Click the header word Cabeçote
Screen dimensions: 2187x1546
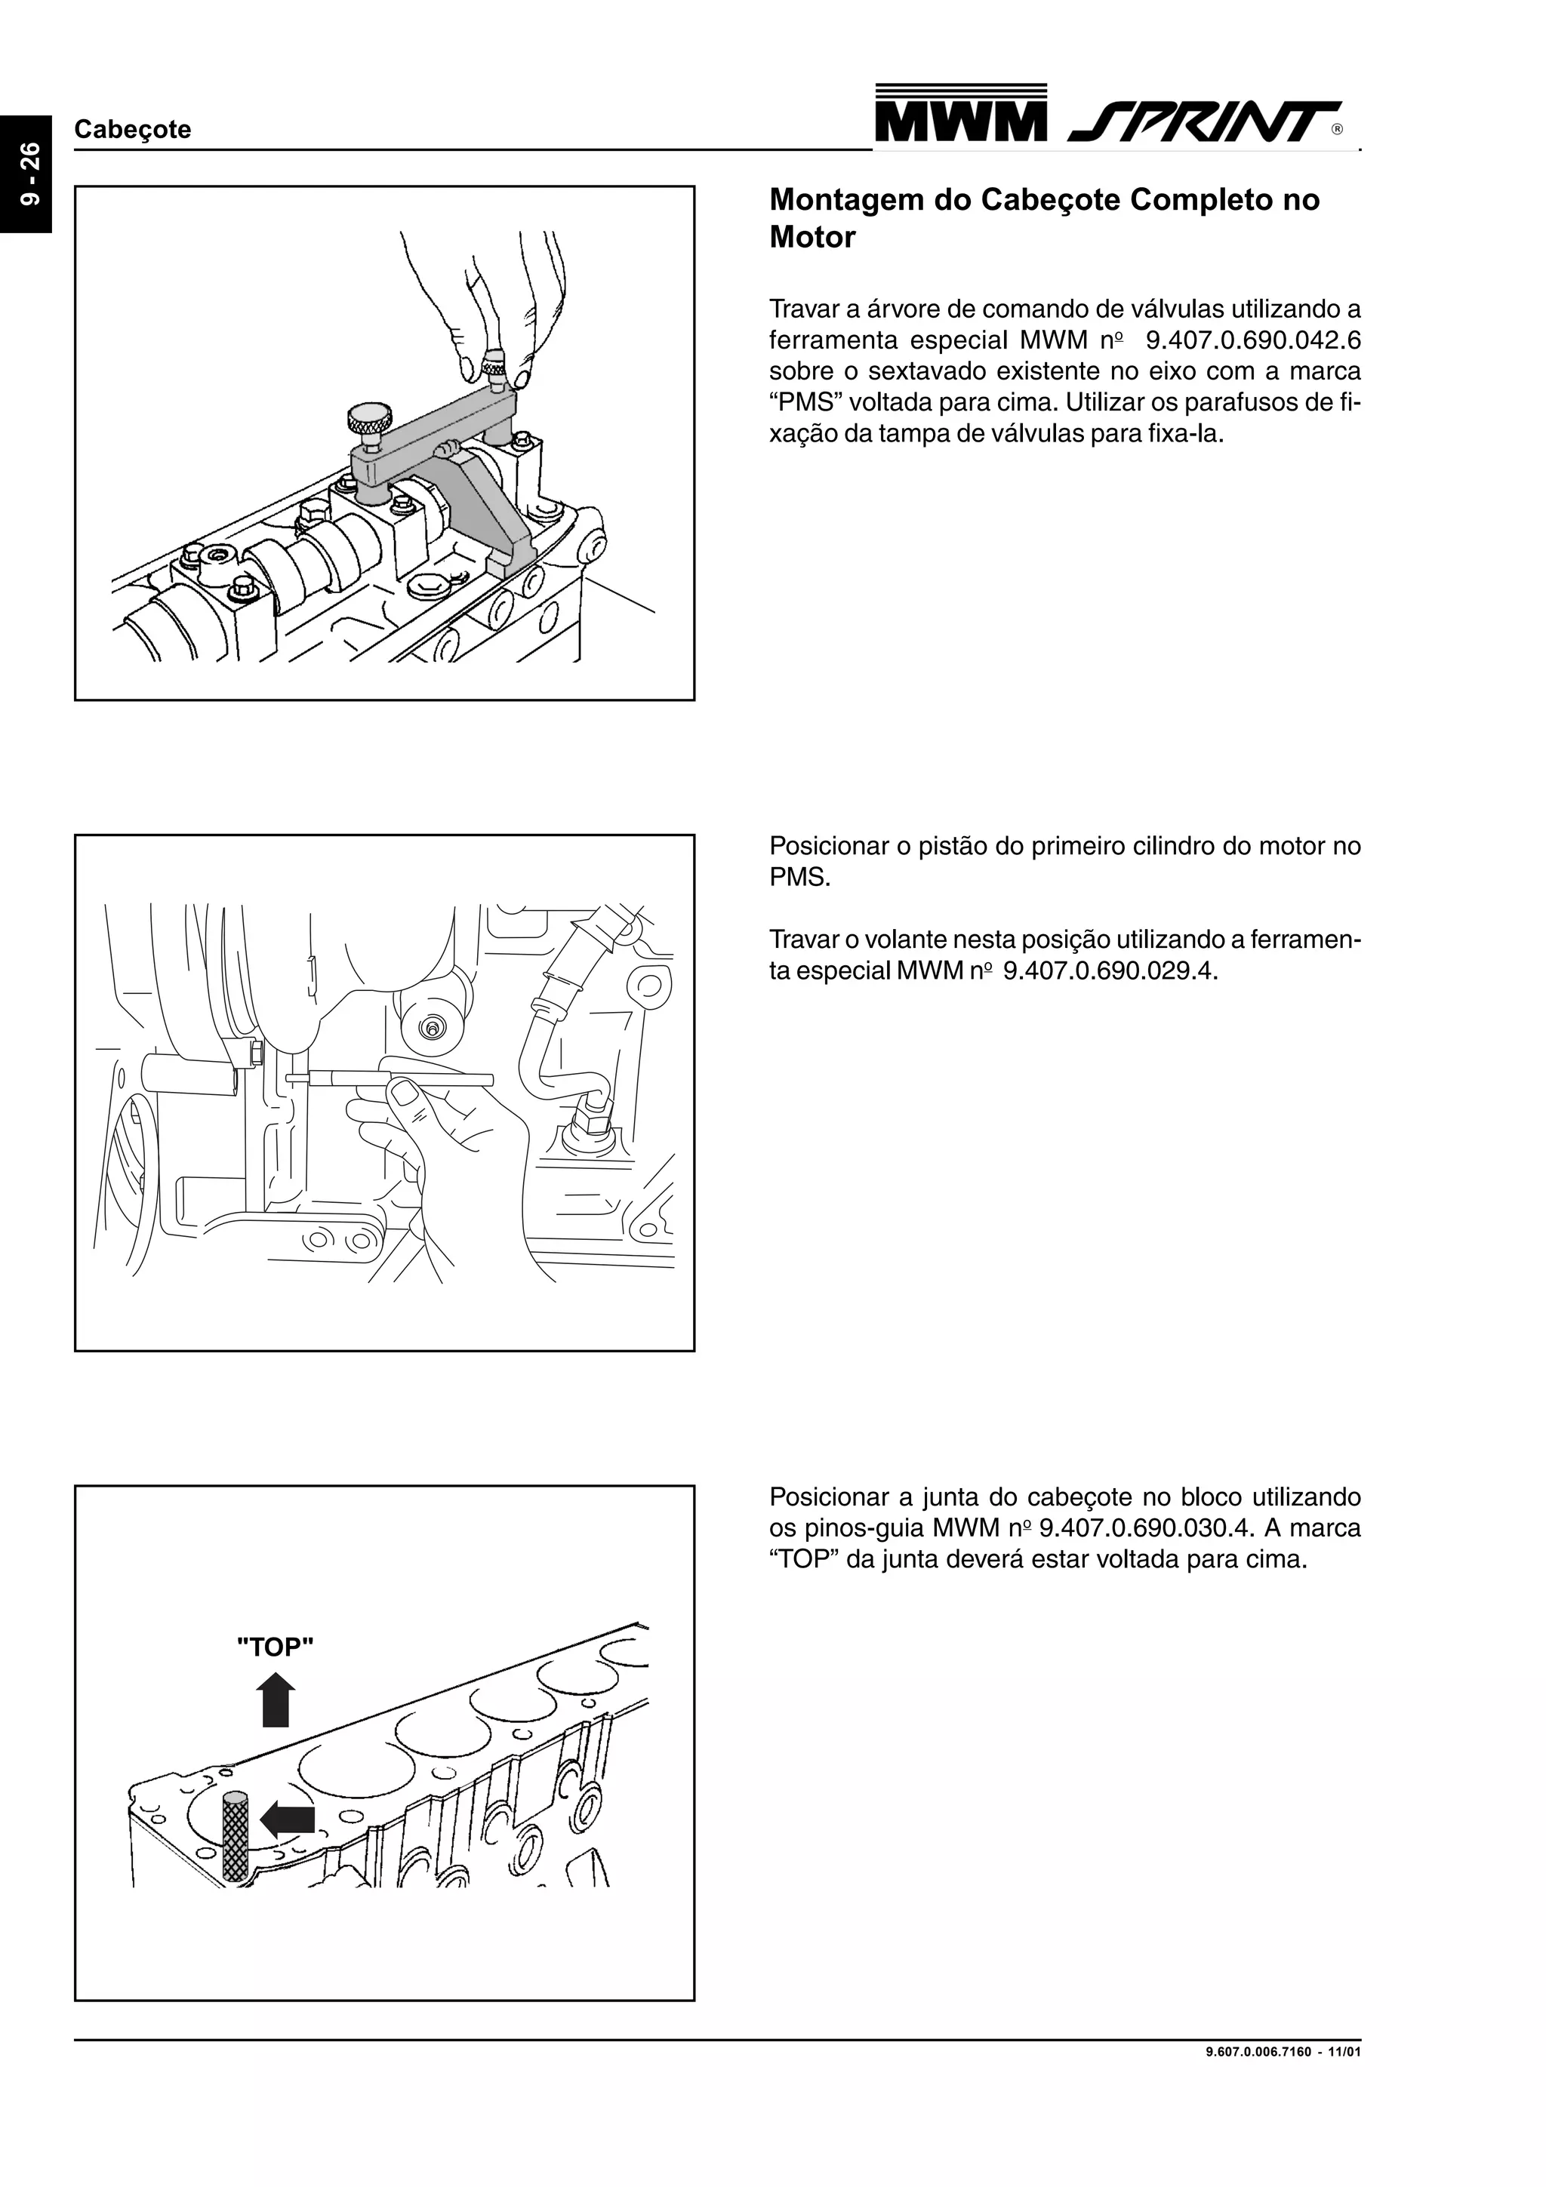(132, 130)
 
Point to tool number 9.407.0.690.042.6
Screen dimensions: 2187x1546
(1252, 340)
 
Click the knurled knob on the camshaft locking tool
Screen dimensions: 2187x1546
(368, 417)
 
